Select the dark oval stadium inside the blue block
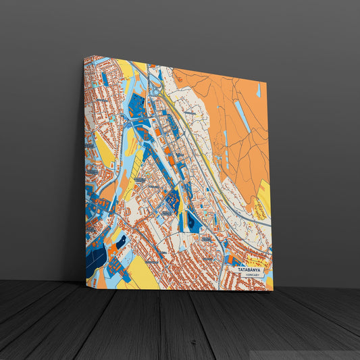(x=192, y=221)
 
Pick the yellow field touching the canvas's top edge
(x=126, y=68)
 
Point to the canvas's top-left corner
(x=85, y=57)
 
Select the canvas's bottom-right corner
(x=273, y=290)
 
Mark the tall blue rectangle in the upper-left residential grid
(x=105, y=78)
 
